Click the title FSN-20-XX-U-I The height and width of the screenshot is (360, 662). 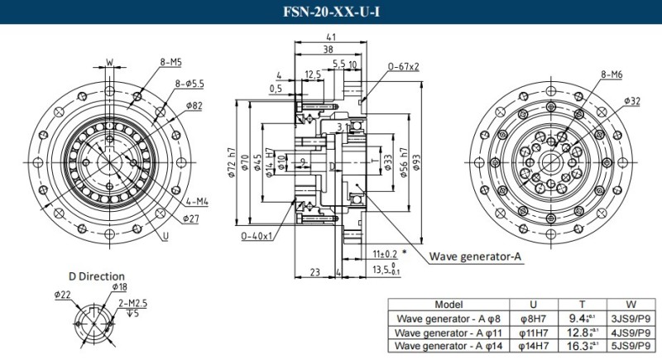330,12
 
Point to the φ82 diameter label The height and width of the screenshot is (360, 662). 195,106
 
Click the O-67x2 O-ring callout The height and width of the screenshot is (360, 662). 403,66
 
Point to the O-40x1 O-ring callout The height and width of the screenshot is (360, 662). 257,236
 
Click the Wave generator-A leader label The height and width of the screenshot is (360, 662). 475,257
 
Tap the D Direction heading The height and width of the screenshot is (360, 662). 96,276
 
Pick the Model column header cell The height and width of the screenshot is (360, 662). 448,304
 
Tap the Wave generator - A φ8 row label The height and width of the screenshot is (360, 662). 448,318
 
